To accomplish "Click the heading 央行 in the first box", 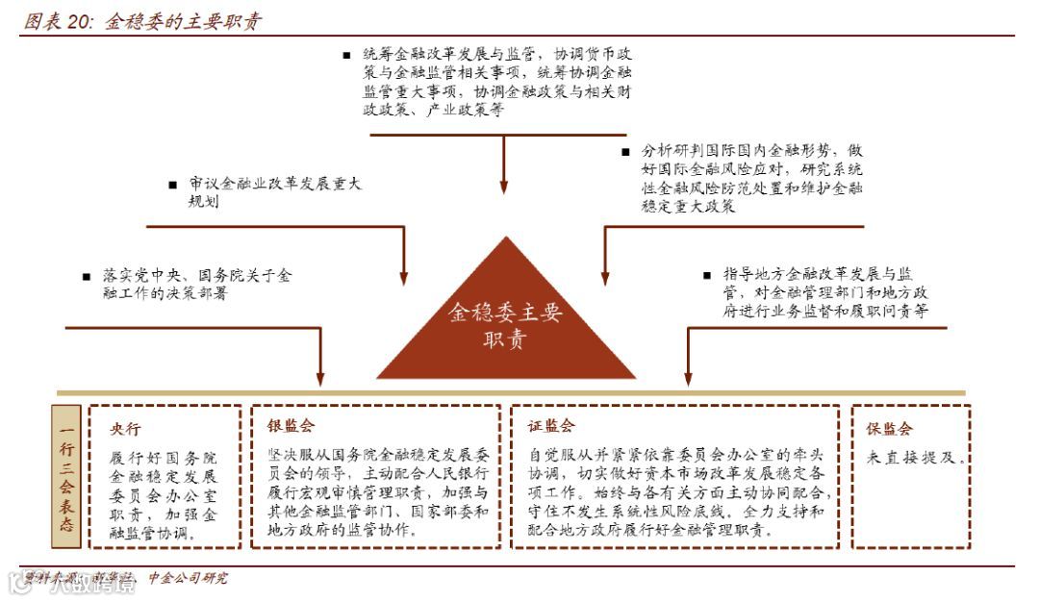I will [125, 429].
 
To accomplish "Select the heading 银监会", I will [290, 425].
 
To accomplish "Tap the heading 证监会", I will [550, 425].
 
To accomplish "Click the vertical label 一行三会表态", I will [66, 478].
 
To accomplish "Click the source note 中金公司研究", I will [189, 578].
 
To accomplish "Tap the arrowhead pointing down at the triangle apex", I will [503, 187].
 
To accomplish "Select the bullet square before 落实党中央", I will [87, 276].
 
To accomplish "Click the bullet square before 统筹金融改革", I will [346, 56].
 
